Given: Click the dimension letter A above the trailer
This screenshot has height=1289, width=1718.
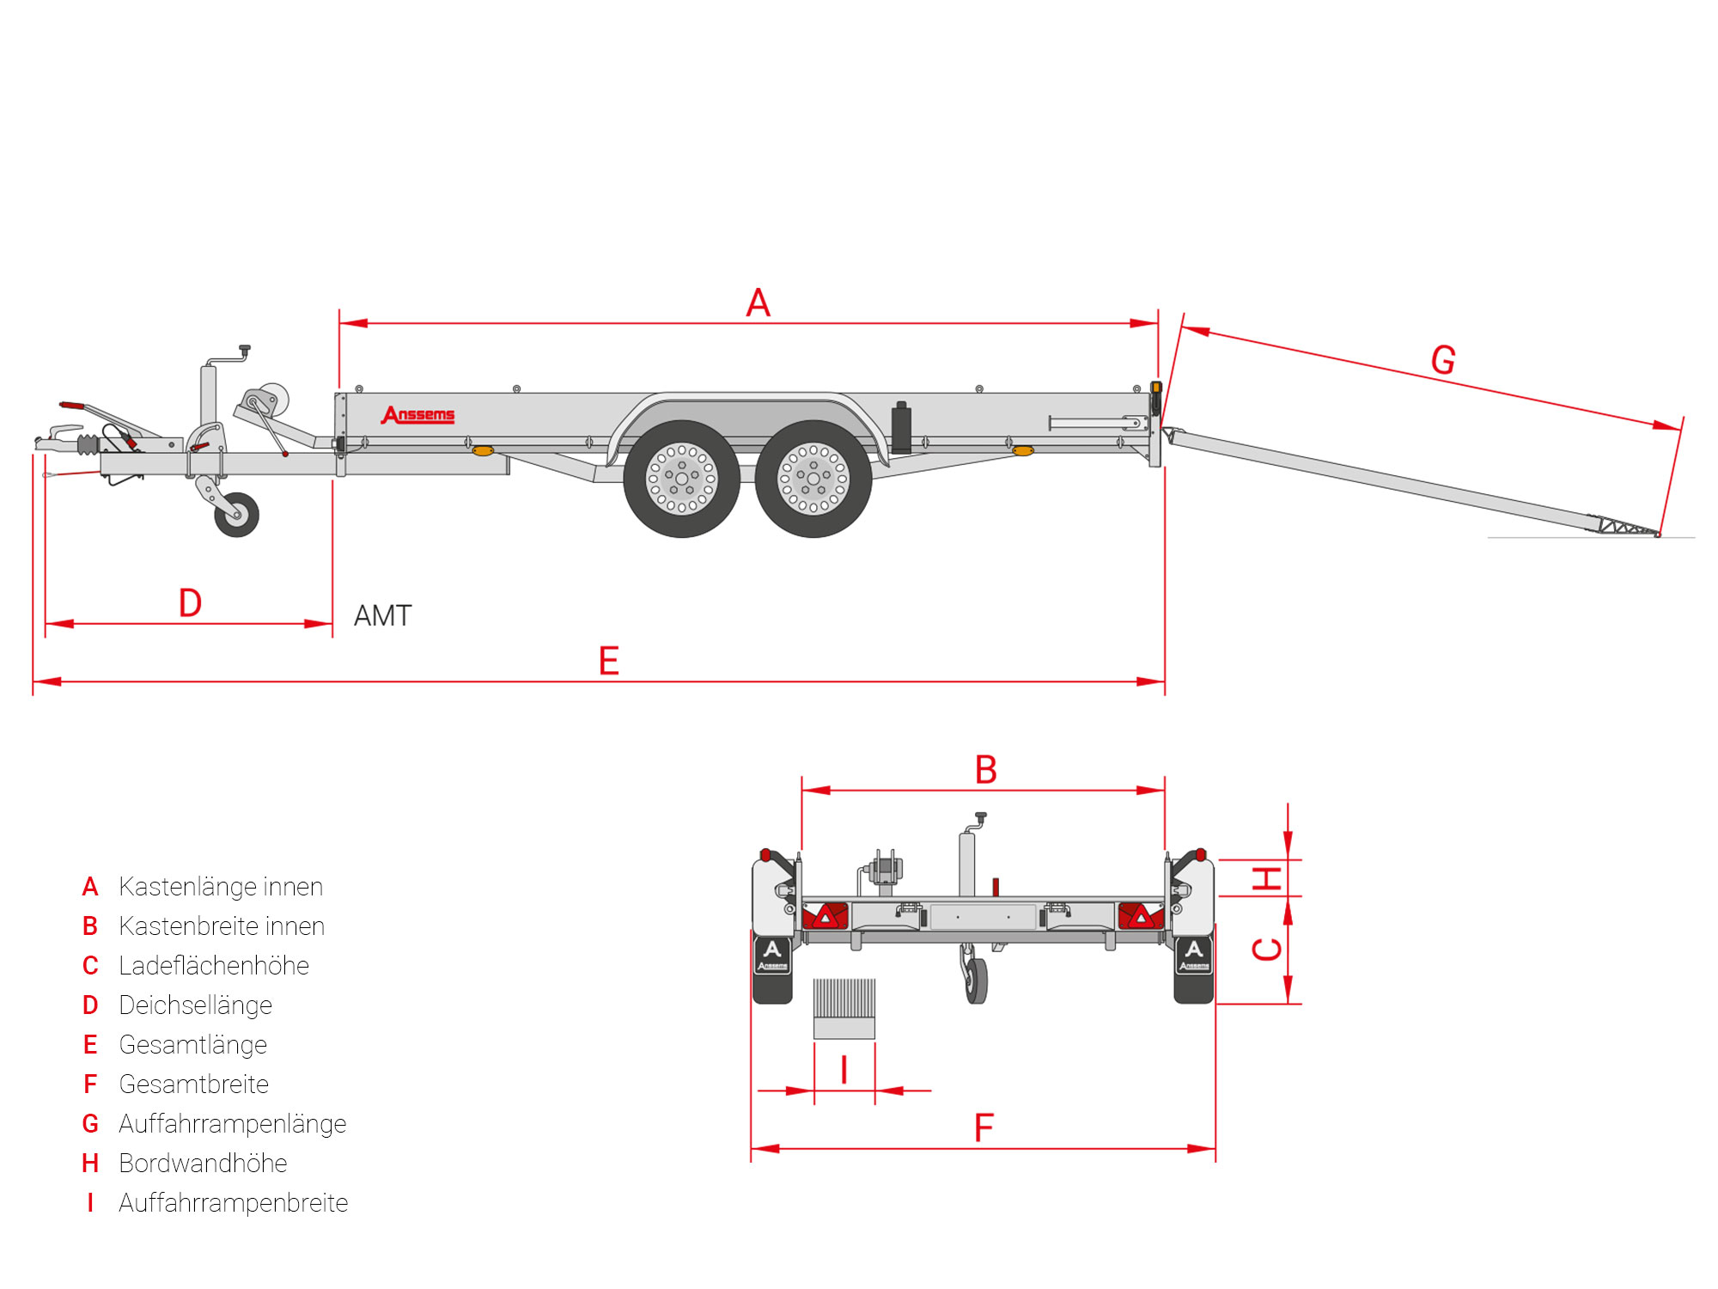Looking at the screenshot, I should (758, 302).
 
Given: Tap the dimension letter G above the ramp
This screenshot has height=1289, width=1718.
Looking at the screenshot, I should (1443, 360).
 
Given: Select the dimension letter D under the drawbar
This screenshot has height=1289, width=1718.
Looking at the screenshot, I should (190, 603).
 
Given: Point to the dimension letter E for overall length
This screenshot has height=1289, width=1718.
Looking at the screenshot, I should (608, 661).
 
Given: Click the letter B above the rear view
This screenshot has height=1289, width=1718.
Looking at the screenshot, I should (985, 770).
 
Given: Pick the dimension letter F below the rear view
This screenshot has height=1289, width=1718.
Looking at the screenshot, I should (984, 1127).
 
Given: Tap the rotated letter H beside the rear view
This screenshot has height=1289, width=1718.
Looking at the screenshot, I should (1267, 878).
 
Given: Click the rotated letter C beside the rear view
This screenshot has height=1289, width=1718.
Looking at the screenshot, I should (1267, 950).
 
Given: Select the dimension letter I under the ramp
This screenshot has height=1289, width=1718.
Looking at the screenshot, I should (844, 1071).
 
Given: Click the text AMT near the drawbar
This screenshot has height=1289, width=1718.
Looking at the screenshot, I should (383, 616).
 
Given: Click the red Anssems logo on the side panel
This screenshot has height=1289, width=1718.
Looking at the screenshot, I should (418, 415).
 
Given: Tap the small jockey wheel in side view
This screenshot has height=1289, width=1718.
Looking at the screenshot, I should (236, 515).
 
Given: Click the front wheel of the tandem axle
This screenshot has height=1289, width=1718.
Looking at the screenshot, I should (682, 479).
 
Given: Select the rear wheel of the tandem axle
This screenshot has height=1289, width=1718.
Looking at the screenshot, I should (813, 479).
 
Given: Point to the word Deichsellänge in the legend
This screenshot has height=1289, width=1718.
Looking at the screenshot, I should (195, 1005).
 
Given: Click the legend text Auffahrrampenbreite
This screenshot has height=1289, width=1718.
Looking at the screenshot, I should (233, 1203).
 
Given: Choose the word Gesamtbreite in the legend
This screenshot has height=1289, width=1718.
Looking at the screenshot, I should (193, 1084).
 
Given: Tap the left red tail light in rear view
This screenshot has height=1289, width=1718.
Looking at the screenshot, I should (825, 916).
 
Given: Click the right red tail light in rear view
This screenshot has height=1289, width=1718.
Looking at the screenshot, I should (1140, 916).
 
